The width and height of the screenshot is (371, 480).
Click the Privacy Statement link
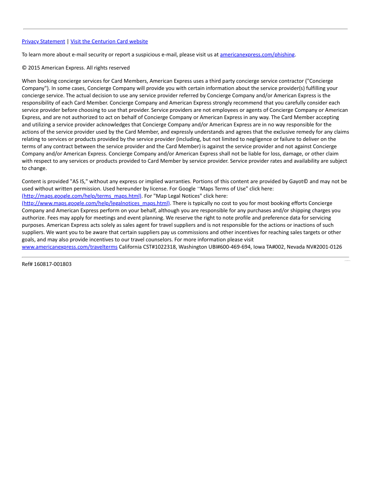click(x=43, y=41)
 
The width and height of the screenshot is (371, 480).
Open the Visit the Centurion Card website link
click(x=109, y=41)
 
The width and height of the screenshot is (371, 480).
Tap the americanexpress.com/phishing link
click(x=257, y=55)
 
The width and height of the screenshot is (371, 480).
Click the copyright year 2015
click(x=34, y=68)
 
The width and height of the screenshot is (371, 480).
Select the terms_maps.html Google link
click(x=82, y=196)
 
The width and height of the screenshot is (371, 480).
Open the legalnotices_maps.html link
click(x=96, y=203)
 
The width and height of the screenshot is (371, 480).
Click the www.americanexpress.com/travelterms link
click(x=70, y=247)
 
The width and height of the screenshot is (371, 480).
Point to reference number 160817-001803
click(x=53, y=264)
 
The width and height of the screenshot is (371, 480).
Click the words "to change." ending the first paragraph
click(x=34, y=168)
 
